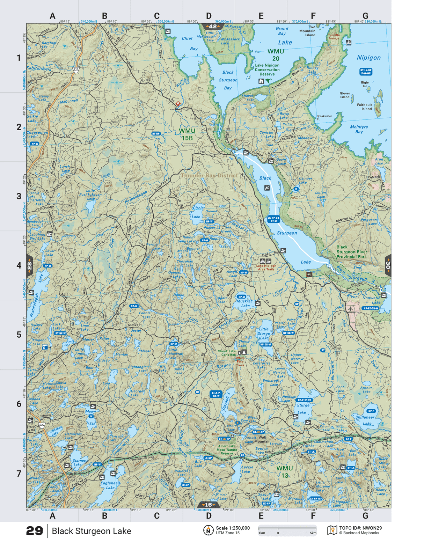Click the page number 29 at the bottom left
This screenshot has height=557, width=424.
click(x=34, y=531)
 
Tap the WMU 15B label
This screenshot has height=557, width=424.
click(x=187, y=134)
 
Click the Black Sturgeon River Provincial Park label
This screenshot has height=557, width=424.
click(x=351, y=252)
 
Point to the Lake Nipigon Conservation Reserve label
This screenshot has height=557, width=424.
click(x=267, y=70)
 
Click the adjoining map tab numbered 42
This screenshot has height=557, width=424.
click(x=212, y=27)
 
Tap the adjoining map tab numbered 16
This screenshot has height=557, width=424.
click(x=209, y=505)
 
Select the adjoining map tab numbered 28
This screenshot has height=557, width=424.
click(x=30, y=266)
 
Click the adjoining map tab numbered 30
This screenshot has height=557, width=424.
click(x=388, y=266)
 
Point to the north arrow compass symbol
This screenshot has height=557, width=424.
click(x=208, y=530)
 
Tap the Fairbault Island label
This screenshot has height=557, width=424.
click(x=364, y=107)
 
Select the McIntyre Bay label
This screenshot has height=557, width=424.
click(x=359, y=129)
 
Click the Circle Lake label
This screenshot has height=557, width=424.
click(x=198, y=212)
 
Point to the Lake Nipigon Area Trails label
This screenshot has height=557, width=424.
click(x=266, y=267)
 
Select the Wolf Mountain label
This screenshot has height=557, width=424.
click(x=262, y=439)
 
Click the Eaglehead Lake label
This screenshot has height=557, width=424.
click(x=110, y=485)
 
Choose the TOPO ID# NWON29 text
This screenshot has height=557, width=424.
click(x=360, y=528)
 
